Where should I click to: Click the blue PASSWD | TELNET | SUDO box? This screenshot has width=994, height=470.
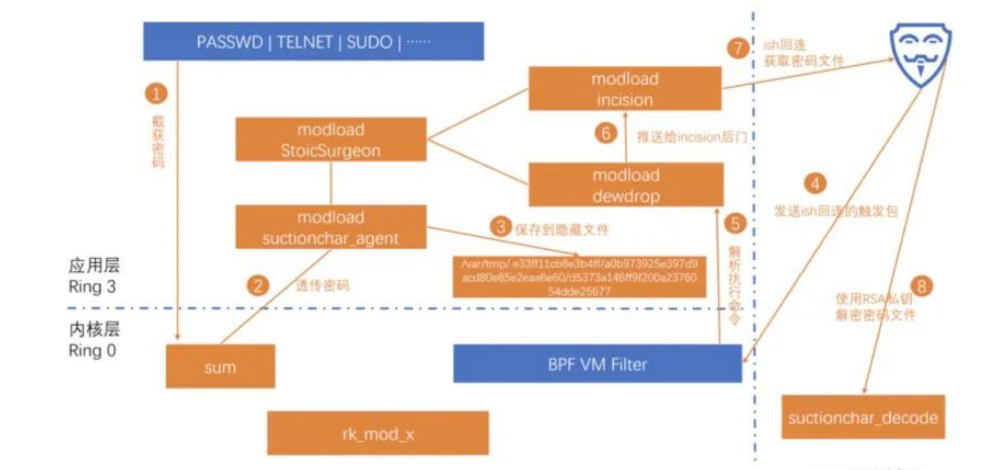point(313,41)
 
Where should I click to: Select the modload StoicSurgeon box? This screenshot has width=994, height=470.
point(331,139)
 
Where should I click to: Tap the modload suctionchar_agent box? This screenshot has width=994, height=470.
point(331,227)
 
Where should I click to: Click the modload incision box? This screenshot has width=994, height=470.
point(625,89)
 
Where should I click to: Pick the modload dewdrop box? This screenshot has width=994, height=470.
point(626,185)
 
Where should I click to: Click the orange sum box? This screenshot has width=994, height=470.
point(220,367)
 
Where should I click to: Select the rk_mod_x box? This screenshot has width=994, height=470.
point(378,433)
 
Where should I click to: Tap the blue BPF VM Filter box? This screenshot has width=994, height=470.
point(597,364)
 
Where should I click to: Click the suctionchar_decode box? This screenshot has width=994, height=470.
point(863,417)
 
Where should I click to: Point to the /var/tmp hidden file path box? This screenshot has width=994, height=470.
point(579,277)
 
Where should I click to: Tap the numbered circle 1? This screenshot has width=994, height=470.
point(156,94)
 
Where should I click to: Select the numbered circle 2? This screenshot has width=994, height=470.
point(258,286)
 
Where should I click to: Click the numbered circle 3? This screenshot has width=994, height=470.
point(500,226)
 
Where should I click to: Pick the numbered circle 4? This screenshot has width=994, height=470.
point(815,184)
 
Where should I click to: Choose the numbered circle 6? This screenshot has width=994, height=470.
point(605,134)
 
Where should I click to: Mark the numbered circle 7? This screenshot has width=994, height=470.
point(737,49)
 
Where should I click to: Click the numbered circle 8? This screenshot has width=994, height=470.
point(921,286)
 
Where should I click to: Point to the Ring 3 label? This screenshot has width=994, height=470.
point(92,287)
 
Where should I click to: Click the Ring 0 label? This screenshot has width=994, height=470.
point(92,351)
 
